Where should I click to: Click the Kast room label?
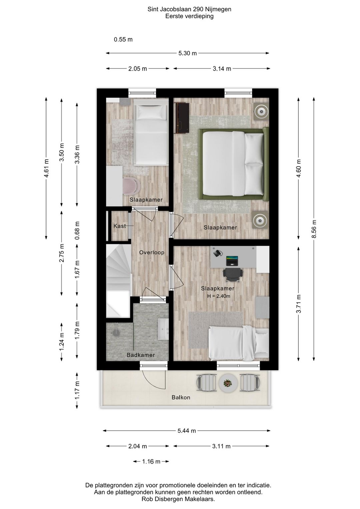tap(119, 226)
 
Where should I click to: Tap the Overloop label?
tap(151, 252)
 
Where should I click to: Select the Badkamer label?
tap(141, 355)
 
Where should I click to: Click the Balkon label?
tap(181, 398)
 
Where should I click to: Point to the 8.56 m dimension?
tap(314, 229)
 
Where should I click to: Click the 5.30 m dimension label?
tap(187, 53)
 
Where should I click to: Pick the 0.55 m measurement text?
tap(123, 40)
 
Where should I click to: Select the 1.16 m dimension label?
tap(151, 462)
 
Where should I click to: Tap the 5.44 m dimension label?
tap(186, 431)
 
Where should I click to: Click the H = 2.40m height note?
tap(218, 296)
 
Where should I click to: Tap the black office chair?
tap(232, 275)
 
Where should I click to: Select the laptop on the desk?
tap(232, 261)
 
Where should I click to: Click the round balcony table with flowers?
tap(228, 383)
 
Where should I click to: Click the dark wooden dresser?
tap(182, 118)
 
